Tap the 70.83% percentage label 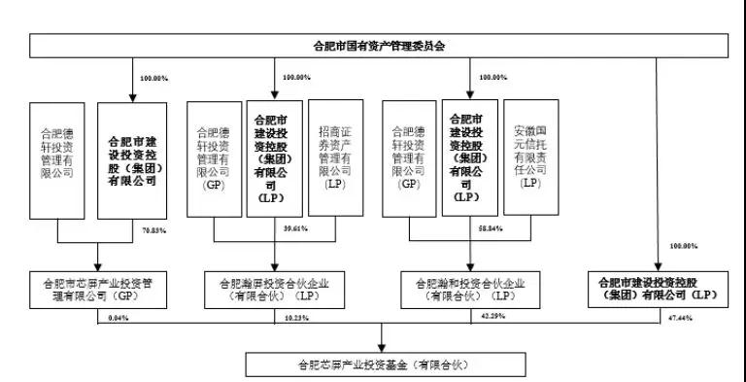click(x=154, y=230)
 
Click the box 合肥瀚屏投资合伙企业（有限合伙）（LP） click(x=275, y=289)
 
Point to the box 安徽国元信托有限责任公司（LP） click(x=531, y=156)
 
